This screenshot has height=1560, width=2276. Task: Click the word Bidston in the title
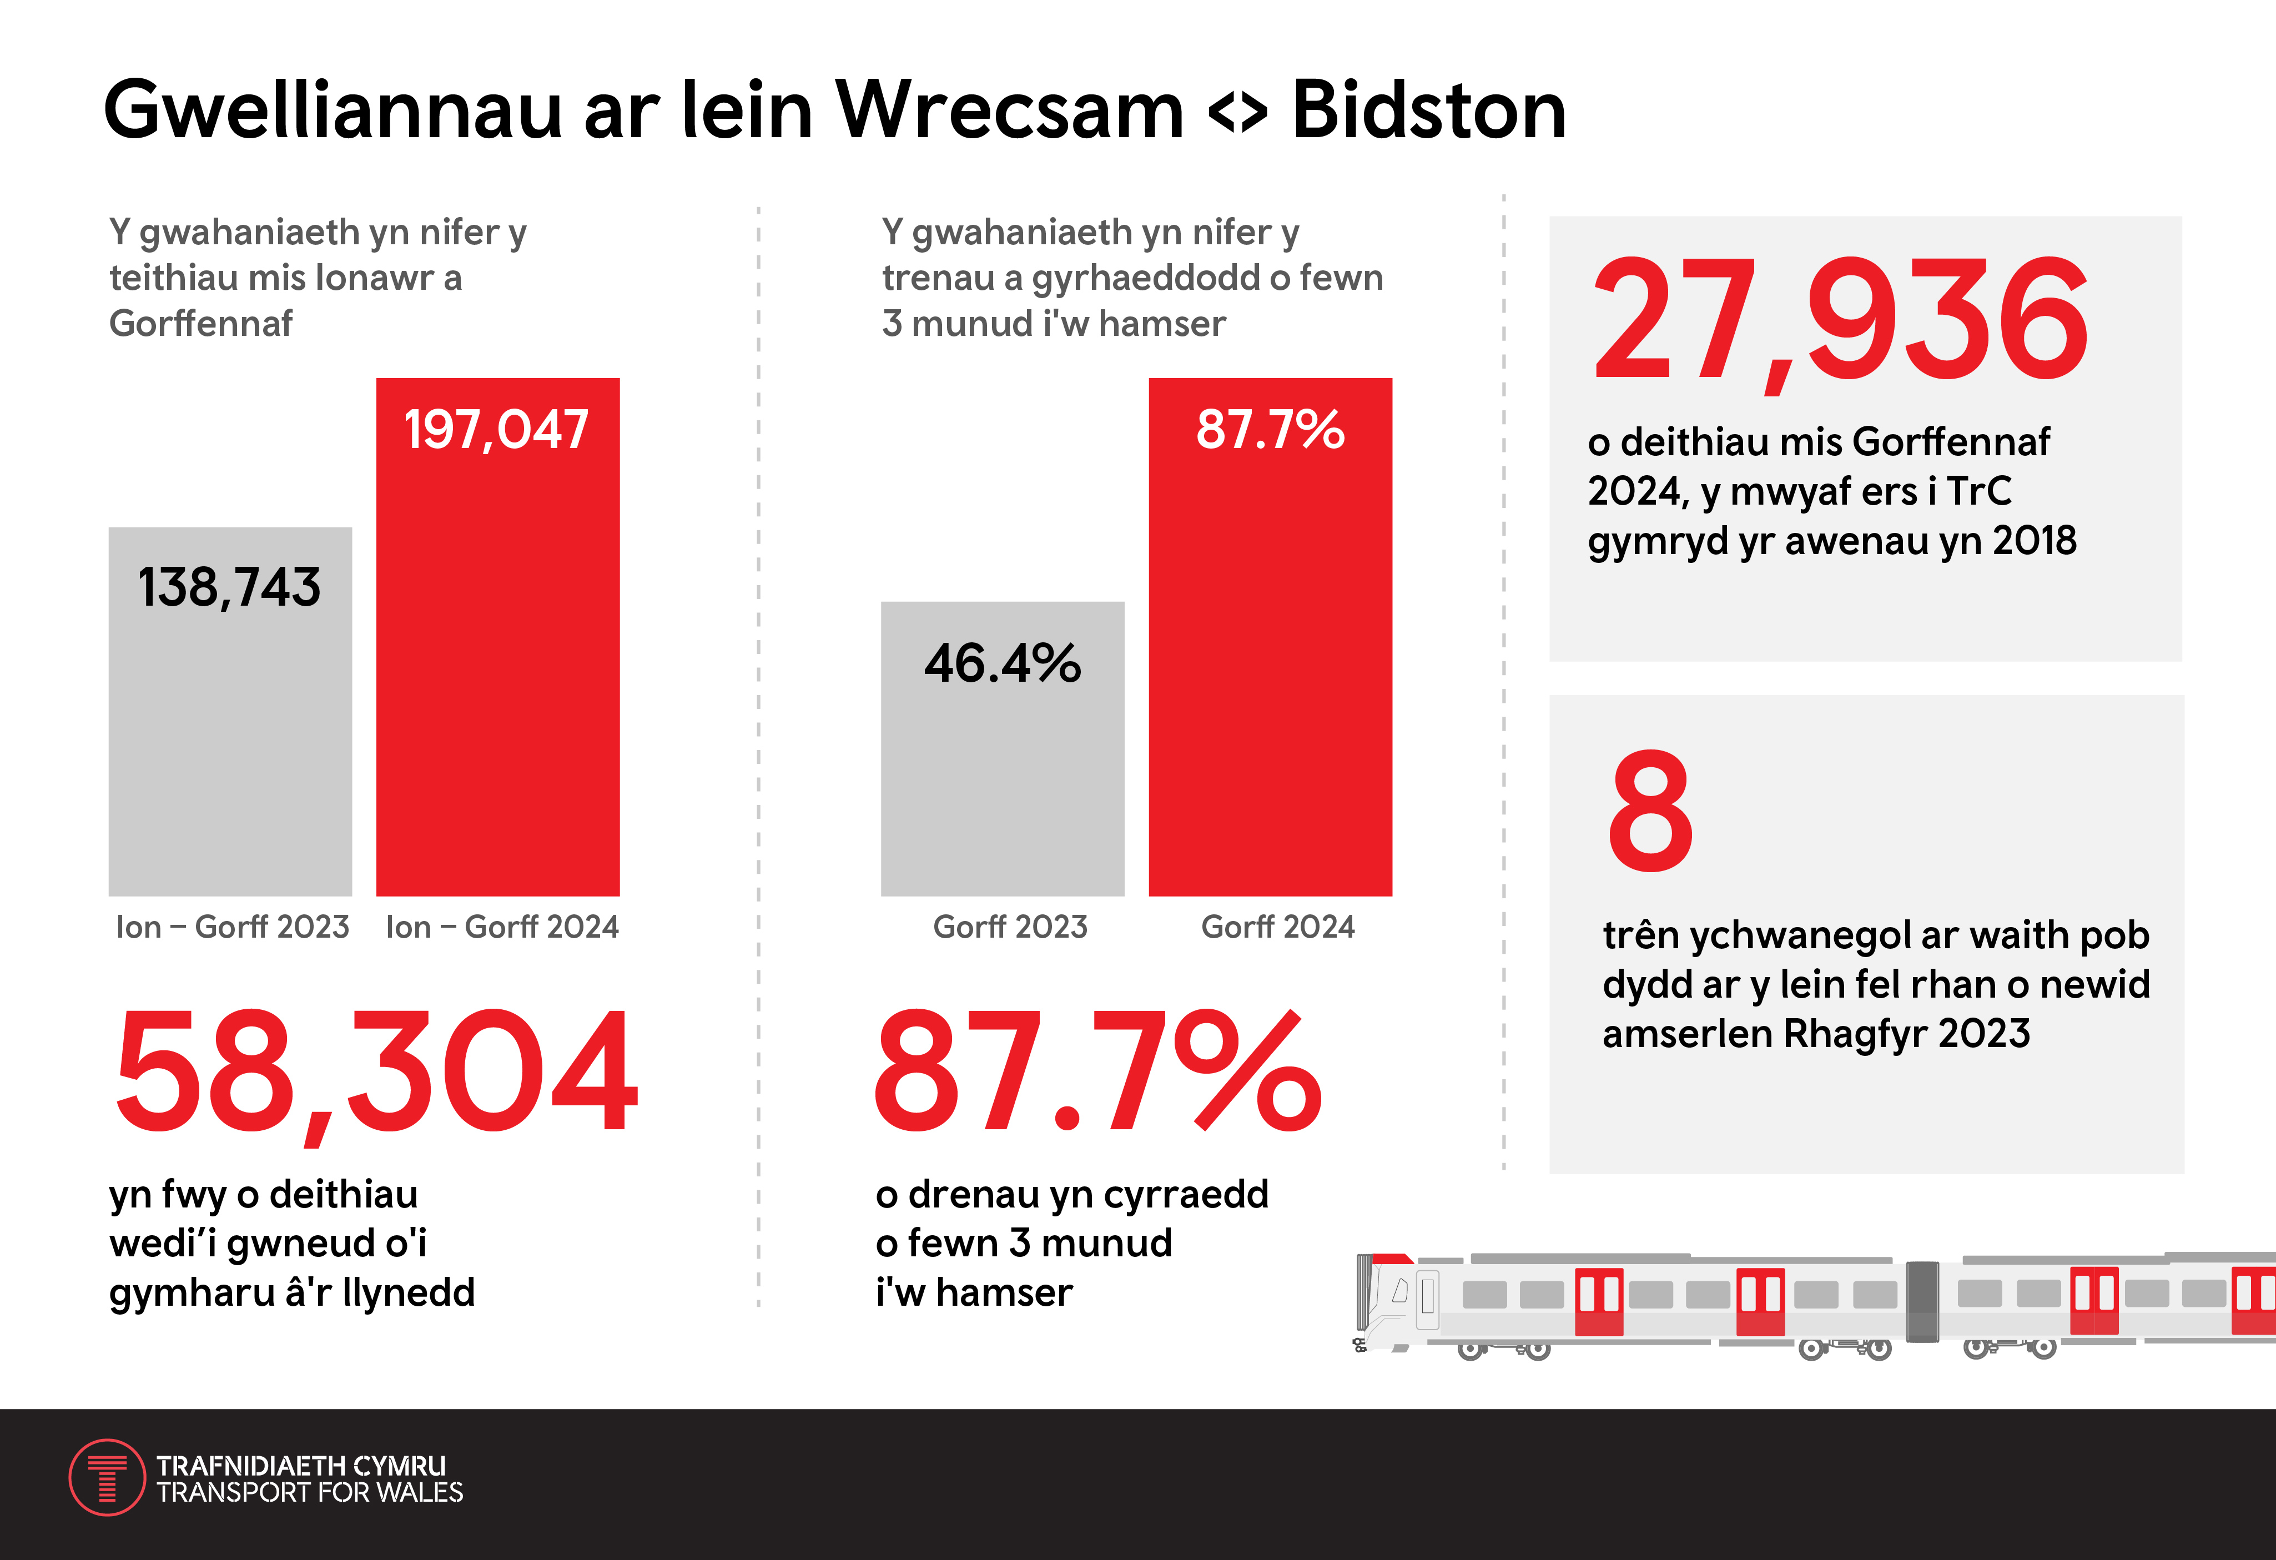[1429, 110]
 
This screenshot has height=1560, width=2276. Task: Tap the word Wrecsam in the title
[1010, 110]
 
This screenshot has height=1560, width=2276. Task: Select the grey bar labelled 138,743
[230, 712]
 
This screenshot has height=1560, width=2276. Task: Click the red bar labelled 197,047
[497, 637]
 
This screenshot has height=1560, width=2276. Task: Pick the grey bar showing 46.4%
[1003, 749]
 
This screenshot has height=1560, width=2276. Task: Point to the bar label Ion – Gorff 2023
[232, 927]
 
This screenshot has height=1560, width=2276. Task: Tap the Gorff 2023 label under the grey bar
[1010, 927]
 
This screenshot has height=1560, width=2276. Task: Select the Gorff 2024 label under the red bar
[1277, 927]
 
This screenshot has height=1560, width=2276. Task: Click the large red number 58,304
[377, 1073]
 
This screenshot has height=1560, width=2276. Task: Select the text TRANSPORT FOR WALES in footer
[309, 1492]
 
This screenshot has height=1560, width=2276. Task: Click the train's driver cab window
[1401, 1291]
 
